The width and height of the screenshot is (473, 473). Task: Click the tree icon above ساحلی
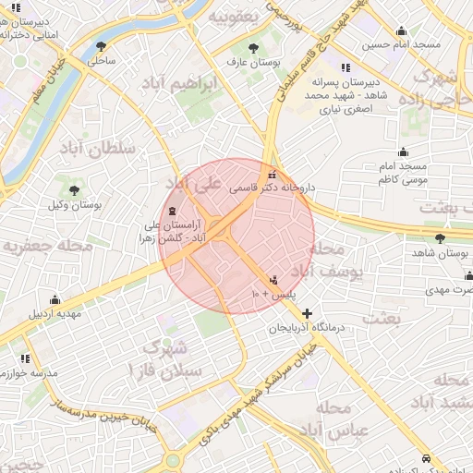pos(101,45)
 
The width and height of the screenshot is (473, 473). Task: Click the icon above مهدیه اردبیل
pos(55,299)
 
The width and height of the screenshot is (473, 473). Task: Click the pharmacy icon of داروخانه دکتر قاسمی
pos(271,175)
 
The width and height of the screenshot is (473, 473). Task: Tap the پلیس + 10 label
pos(273,293)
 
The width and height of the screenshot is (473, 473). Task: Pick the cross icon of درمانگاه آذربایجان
pos(308,314)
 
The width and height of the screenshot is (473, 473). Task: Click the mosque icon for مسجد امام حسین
pos(401,30)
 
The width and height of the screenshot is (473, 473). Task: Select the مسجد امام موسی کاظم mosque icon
pos(402,152)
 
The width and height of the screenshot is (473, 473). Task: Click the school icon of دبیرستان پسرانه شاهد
pos(346,67)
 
